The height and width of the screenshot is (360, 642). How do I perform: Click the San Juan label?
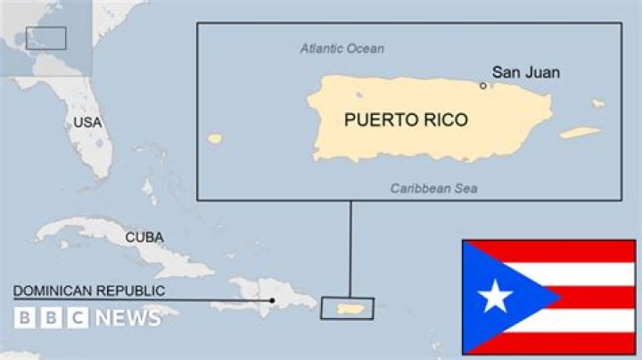526,72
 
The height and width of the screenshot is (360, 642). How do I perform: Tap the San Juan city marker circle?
483,86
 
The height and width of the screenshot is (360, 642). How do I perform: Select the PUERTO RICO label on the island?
406,119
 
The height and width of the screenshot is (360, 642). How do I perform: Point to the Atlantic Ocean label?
342,48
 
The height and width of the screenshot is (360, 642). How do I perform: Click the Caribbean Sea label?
433,188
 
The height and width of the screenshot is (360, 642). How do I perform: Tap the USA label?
87,122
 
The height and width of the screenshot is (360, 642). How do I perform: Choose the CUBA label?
144,237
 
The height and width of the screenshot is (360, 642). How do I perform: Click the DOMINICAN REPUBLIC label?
88,290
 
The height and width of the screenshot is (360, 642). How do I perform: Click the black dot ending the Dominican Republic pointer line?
272,300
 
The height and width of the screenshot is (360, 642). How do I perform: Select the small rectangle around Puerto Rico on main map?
348,308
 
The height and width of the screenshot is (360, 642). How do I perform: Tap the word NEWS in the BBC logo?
127,317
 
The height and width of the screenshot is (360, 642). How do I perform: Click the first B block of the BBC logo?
24,317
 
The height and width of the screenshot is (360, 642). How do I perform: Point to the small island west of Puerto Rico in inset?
214,138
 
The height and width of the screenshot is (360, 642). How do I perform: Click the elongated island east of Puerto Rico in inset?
580,133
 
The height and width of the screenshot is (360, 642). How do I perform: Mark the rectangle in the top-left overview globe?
45,37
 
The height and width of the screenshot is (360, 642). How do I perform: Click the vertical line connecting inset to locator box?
350,250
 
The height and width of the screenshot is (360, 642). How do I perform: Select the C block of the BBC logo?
78,317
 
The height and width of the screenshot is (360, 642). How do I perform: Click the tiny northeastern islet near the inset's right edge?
597,103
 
